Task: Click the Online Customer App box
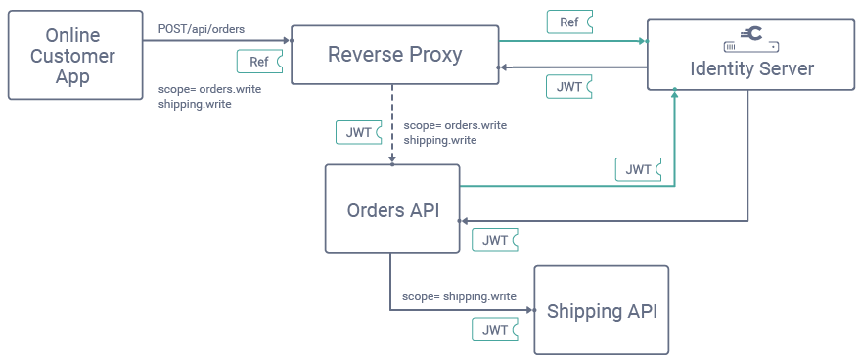(x=71, y=57)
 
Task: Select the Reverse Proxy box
(x=395, y=55)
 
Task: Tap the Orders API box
(x=392, y=210)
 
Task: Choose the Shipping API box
(x=601, y=311)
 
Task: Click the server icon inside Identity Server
(x=751, y=39)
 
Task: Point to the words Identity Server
(x=751, y=69)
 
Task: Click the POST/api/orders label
(x=202, y=29)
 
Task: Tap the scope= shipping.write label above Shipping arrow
(x=459, y=296)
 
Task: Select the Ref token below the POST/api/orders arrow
(x=260, y=62)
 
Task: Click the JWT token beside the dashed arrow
(x=358, y=132)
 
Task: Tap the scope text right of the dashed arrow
(x=455, y=133)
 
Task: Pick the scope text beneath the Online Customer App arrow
(x=209, y=96)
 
